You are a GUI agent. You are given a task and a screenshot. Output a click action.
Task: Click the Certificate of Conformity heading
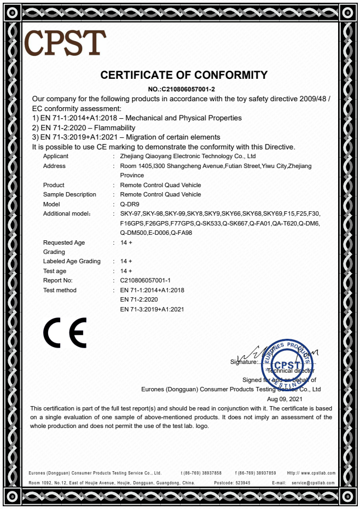click(184, 76)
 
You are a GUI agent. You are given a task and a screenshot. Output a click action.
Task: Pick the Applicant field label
click(56, 157)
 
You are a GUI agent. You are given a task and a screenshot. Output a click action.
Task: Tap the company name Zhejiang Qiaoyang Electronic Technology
click(188, 157)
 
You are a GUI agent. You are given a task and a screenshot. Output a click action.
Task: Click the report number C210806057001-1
click(145, 280)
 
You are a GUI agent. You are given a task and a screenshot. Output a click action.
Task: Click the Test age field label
click(55, 271)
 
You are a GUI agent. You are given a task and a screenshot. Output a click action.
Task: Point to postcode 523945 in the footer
click(240, 483)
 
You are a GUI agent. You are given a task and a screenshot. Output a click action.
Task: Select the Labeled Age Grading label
click(72, 261)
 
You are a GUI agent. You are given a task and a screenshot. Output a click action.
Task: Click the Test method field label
click(60, 290)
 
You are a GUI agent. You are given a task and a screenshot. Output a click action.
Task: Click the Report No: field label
click(57, 280)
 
